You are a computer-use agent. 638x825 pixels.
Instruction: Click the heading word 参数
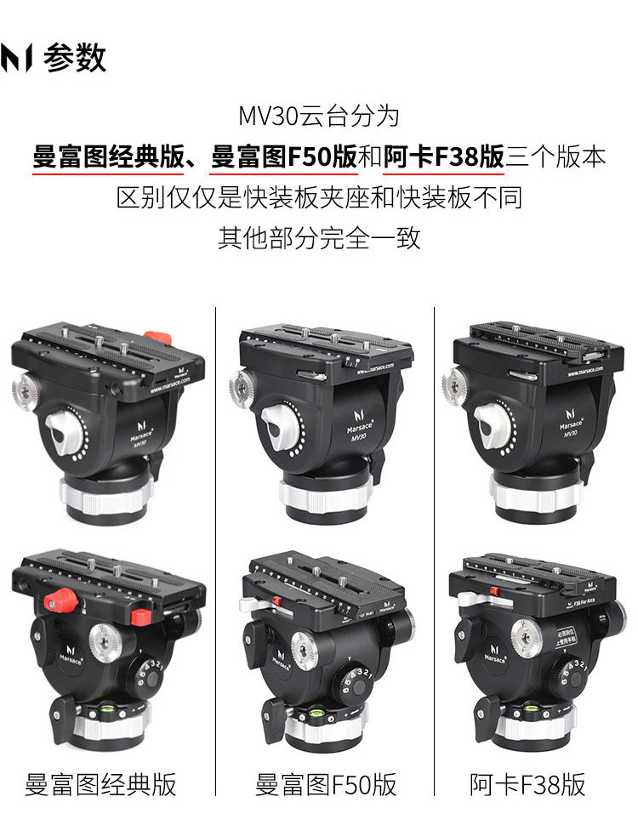point(75,58)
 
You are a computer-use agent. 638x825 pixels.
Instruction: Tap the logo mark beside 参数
point(17,58)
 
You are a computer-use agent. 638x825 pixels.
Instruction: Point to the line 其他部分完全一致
point(319,237)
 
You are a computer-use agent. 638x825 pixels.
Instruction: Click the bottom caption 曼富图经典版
point(100,784)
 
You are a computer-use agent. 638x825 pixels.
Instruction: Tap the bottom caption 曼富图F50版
point(326,784)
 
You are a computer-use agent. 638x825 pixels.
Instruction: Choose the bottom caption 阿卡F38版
point(527,784)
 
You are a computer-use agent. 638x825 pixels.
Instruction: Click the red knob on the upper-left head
point(157,338)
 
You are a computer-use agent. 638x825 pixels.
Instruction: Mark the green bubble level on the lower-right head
point(533,705)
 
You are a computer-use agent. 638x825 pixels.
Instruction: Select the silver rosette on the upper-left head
point(25,390)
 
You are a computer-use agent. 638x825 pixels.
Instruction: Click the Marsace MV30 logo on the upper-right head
point(571,428)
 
